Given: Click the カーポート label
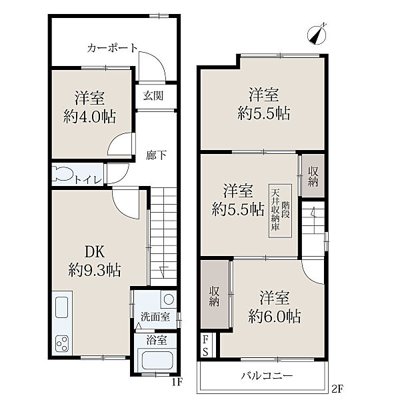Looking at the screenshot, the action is (112, 48).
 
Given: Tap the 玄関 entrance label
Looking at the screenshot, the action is (153, 96).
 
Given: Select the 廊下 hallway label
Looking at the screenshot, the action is (157, 155).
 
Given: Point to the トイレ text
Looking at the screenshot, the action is (88, 180).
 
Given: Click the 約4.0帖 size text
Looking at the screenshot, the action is (90, 117).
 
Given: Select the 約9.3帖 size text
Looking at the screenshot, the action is (95, 270).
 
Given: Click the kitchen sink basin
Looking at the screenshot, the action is (61, 307).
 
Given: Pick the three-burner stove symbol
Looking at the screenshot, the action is (62, 343).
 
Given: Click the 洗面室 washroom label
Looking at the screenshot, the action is (155, 317).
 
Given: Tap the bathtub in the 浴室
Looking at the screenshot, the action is (157, 361).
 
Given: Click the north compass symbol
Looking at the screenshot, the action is (317, 35).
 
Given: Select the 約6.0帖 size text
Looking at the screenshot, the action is (275, 316).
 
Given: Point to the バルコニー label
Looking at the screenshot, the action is (267, 376).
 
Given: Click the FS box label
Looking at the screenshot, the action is (205, 346).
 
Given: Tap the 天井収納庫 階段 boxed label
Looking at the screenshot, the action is (280, 211).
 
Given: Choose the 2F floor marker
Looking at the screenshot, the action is (337, 389).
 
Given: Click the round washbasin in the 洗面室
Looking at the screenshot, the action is (169, 299).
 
